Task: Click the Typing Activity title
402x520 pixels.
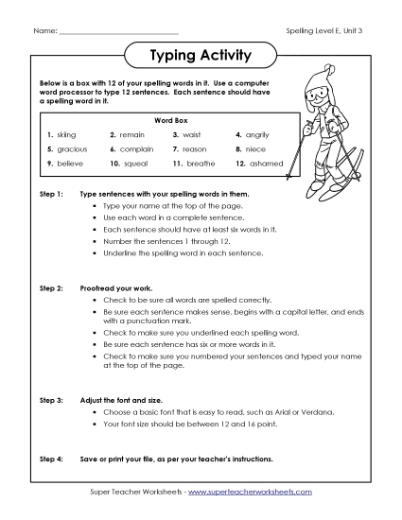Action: point(201,56)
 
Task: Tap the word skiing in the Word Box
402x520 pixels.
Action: point(66,135)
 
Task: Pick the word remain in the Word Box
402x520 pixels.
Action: point(132,135)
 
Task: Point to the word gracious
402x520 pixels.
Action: point(71,149)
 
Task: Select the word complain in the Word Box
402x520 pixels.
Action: point(137,149)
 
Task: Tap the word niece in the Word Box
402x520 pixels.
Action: point(256,149)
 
